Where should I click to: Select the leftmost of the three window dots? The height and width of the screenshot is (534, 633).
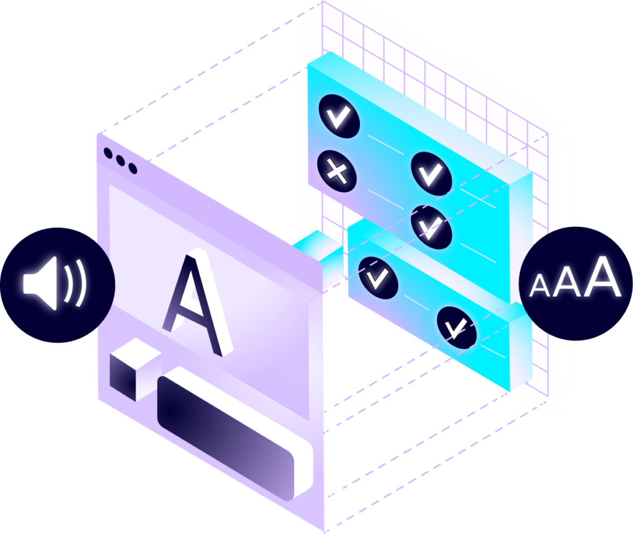110,152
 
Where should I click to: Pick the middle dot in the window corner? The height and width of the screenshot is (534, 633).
121,160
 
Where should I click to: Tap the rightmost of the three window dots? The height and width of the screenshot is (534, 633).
132,168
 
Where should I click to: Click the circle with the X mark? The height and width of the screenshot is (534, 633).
337,170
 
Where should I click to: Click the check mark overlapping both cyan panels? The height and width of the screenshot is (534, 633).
431,227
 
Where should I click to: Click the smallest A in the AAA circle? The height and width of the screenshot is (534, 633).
540,286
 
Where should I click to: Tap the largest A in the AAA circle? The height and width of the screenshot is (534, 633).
602,278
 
